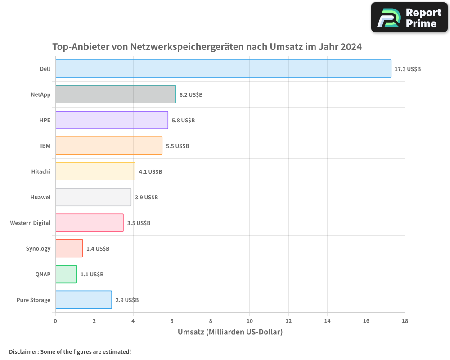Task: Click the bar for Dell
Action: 223,69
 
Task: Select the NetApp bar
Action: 116,94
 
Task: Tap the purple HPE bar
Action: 112,120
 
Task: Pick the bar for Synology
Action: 69,248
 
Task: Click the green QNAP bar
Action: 66,274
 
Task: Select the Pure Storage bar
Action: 84,300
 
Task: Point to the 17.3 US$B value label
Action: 408,69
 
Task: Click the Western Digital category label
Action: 30,223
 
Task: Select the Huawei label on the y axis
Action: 40,198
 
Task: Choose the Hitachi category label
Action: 41,172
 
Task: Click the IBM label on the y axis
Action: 45,146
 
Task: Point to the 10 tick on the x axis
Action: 250,321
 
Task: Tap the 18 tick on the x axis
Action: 405,321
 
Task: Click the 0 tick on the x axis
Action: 55,321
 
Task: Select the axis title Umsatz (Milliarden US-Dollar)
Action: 230,332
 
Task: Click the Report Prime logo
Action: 409,18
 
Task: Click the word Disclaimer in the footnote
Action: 23,351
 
